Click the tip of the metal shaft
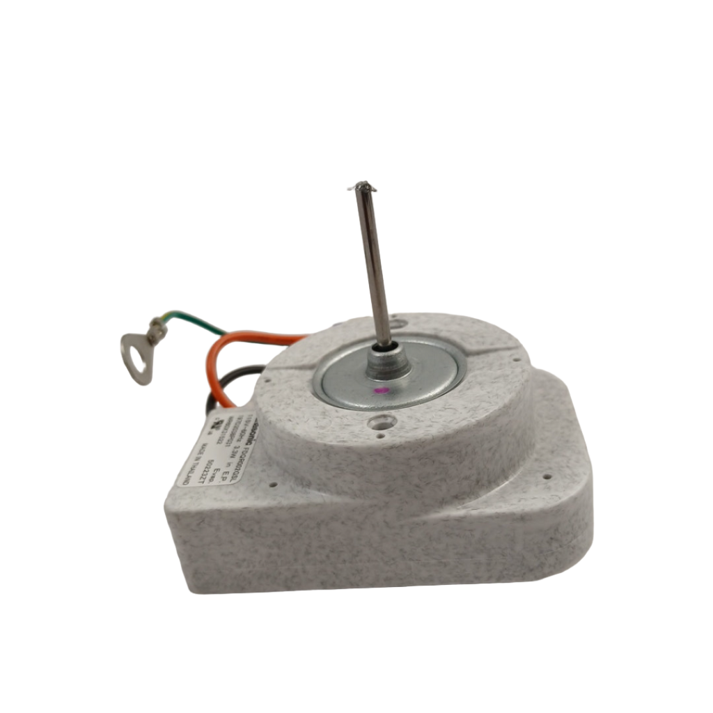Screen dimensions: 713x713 pos(362,186)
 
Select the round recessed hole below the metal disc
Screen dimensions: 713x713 pos(382,421)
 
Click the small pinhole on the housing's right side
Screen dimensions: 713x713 pos(547,478)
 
